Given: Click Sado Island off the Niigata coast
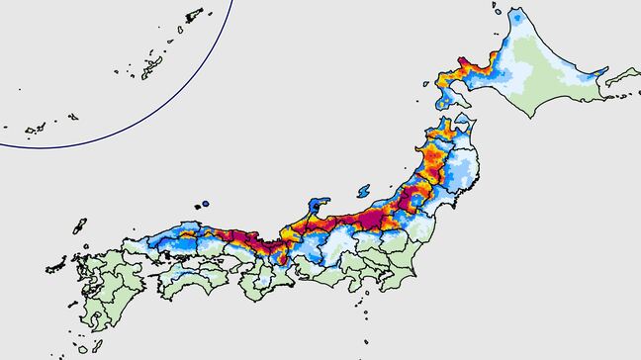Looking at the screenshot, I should coord(365,188).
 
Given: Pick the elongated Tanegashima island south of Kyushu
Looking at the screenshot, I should coord(110,333).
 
